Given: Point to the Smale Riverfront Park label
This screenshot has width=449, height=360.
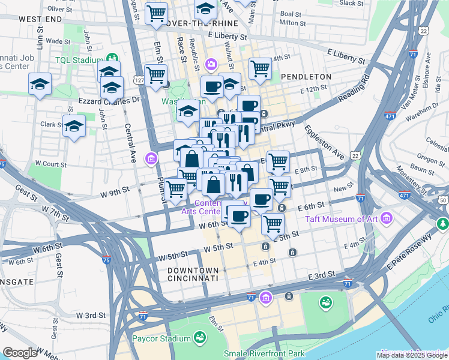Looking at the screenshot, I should click(264, 354).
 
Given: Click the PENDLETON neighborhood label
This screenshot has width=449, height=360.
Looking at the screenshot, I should click(306, 77).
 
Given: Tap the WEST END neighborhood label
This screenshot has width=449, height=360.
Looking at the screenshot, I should click(40, 19).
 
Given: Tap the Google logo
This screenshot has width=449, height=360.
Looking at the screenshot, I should click(20, 353).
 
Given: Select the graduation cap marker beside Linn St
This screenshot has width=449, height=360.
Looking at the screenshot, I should click(40, 84).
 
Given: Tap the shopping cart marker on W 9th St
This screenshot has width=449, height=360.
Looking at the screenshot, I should click(176, 188).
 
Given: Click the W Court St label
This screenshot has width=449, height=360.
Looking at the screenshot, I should click(50, 163).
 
